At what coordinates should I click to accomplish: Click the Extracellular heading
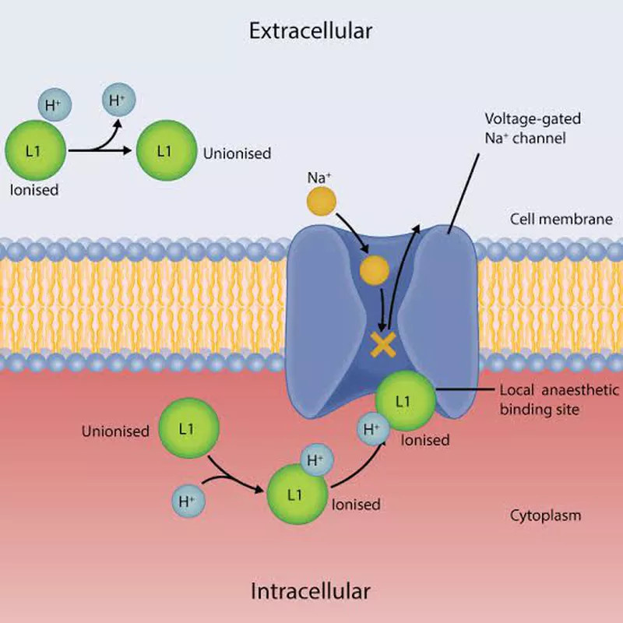[310, 31]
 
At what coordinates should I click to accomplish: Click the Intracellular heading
[310, 591]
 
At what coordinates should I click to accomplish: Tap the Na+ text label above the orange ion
[319, 178]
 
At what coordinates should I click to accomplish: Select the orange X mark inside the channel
[383, 344]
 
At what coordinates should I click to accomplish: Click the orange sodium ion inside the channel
[375, 270]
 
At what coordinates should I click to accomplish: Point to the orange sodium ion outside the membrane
[322, 201]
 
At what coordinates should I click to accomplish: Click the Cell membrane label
[561, 219]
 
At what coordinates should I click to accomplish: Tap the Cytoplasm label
[545, 516]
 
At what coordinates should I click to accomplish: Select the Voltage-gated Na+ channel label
[533, 128]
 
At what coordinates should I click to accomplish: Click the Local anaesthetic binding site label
[559, 399]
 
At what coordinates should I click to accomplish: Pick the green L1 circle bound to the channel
[406, 400]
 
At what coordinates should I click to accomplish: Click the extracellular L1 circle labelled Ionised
[35, 150]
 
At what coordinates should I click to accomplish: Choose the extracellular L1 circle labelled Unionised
[167, 150]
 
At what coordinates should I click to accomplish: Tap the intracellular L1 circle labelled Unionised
[188, 428]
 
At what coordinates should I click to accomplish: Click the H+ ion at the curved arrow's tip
[119, 100]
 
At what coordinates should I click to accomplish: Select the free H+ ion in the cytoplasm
[188, 501]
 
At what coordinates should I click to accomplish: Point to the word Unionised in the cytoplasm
[115, 431]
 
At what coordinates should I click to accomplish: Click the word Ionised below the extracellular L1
[34, 190]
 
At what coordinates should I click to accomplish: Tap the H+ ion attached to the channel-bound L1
[373, 429]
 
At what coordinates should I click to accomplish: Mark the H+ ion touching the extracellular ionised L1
[55, 104]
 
